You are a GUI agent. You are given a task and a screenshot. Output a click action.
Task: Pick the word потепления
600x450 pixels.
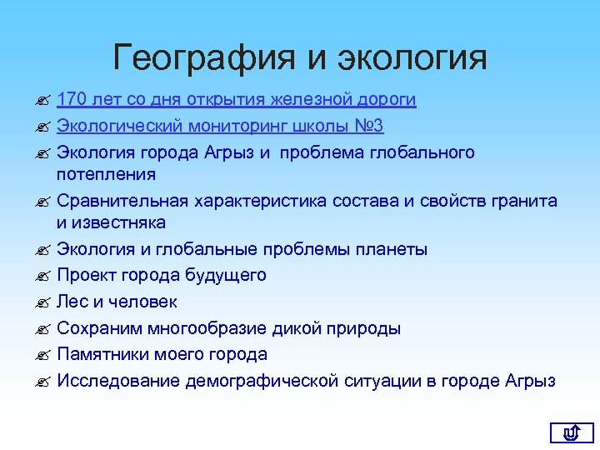[106, 174]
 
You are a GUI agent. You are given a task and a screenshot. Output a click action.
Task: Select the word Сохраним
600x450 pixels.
[98, 328]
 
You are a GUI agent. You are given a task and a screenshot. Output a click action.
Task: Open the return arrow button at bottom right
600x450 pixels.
[571, 432]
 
